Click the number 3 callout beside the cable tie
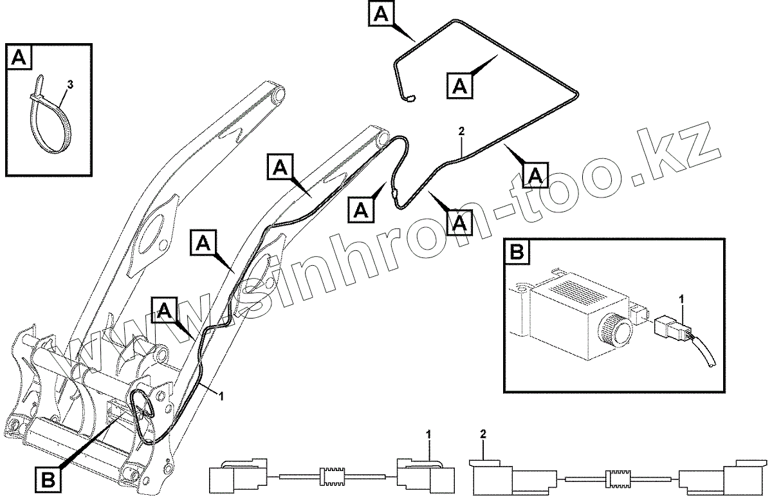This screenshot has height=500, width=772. click(x=70, y=84)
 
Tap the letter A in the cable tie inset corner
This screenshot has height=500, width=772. click(x=19, y=58)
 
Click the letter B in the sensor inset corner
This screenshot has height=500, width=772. click(x=517, y=252)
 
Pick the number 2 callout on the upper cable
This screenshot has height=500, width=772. click(x=461, y=131)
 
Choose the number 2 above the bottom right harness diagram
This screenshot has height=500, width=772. click(x=484, y=436)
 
